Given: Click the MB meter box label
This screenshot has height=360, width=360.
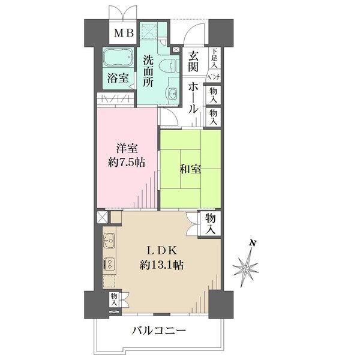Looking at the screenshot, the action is pos(124,34).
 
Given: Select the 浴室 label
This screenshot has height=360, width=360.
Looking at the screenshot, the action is pos(118,78).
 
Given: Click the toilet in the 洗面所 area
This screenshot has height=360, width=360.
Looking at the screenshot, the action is pos(169,65).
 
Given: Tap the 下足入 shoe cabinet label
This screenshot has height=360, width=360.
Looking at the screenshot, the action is pos(214,58).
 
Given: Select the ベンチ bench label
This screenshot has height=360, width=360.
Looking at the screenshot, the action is pos(214,77).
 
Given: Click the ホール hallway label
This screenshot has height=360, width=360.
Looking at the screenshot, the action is pos(193,98).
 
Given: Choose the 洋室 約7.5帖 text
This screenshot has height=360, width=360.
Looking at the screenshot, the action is pos(127,155).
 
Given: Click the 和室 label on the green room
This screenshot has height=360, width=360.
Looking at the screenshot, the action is pos(190,169).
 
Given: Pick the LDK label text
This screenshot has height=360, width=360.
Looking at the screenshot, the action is pos(162,250).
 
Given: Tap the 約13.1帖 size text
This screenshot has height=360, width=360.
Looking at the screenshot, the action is pos(161,265).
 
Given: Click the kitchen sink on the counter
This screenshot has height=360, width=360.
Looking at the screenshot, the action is pos(109,241).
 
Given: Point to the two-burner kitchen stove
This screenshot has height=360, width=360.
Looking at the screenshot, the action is pos(109,264).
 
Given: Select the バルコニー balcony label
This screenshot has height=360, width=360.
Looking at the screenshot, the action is pos(158,331).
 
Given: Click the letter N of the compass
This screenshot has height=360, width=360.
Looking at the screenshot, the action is pos(253,243).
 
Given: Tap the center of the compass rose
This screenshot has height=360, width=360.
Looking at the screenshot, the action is pos(246,269).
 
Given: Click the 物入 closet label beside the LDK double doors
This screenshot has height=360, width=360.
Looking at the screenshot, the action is pos(210,223).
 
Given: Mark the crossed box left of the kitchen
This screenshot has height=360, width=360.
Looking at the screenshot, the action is pos(102,217).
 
